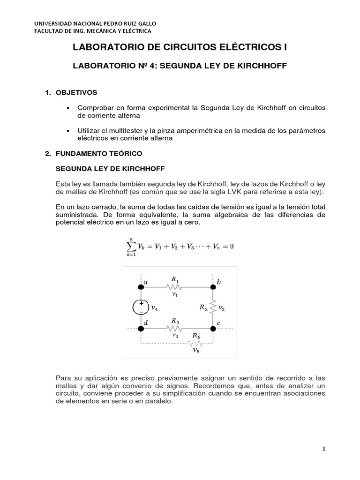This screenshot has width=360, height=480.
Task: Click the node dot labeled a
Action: coord(140,287)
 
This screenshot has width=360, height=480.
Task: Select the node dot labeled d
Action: coord(140,329)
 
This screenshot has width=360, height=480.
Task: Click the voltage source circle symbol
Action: coord(140,307)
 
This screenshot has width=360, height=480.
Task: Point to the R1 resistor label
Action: coord(175,279)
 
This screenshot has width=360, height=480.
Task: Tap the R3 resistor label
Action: coord(175,321)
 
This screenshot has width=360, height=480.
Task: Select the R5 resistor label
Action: coord(196,336)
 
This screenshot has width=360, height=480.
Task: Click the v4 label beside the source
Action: coord(154,308)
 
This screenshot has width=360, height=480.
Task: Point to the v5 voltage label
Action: coord(196,350)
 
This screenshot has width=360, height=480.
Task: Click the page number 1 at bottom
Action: coord(323,449)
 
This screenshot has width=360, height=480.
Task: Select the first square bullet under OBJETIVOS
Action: coord(69,108)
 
